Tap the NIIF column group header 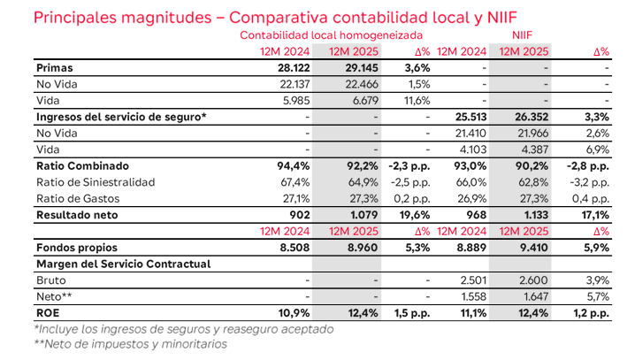pos(524,34)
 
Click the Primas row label pos(55,67)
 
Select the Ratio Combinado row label pos(82,165)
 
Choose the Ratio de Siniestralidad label pos(96,182)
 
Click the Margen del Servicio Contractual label pos(123,264)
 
